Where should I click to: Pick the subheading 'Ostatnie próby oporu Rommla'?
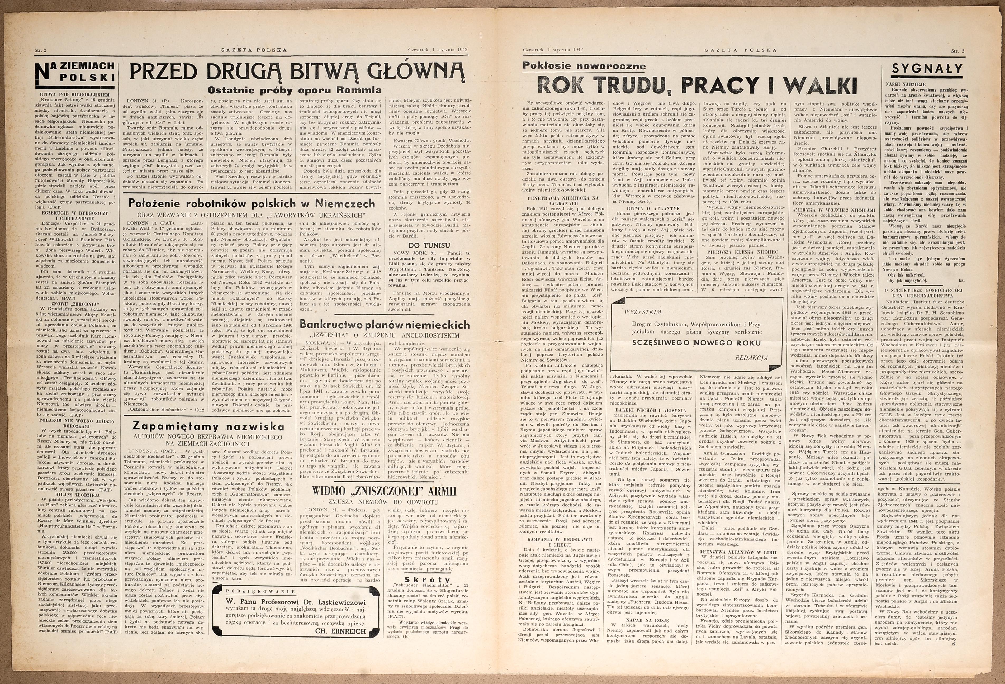coord(295,90)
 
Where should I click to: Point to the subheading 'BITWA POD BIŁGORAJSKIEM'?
coord(75,94)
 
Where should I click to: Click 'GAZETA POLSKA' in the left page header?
coord(253,50)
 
